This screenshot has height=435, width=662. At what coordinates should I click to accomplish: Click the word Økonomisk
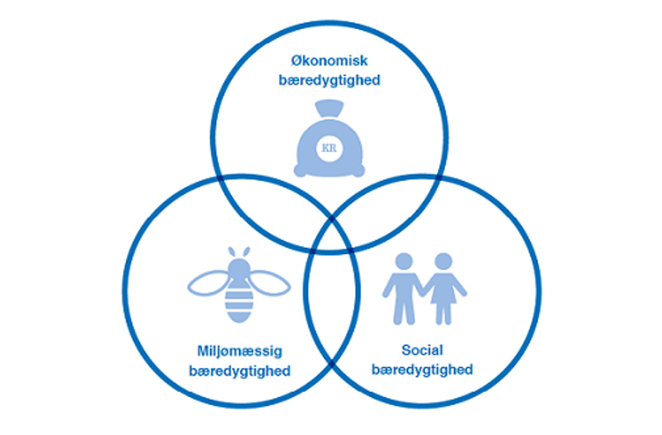point(329,61)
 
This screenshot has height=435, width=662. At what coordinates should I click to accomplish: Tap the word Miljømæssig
point(240,351)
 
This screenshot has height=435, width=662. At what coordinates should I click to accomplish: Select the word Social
point(422,350)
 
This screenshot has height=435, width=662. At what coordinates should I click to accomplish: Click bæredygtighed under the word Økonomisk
point(329,80)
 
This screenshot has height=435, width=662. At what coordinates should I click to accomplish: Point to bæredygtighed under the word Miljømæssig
point(240,371)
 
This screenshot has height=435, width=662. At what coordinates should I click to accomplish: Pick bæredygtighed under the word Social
point(422,370)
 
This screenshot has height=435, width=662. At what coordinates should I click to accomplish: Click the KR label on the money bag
point(329,148)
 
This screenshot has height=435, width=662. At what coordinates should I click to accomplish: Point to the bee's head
point(239,268)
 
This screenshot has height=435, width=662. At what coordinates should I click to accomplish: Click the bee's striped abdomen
point(239,303)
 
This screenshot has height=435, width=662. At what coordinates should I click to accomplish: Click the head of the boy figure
point(404,261)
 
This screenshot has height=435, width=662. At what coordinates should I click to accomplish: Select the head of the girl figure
point(443,261)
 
